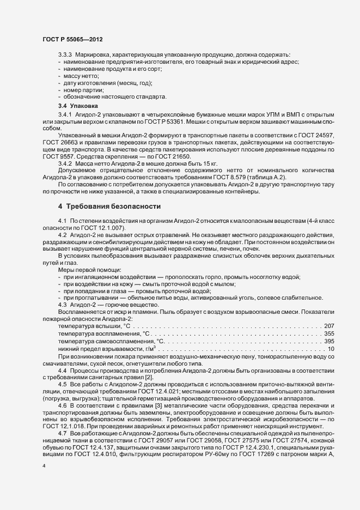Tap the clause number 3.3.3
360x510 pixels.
click(x=65, y=55)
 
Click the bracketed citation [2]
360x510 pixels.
click(x=157, y=377)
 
